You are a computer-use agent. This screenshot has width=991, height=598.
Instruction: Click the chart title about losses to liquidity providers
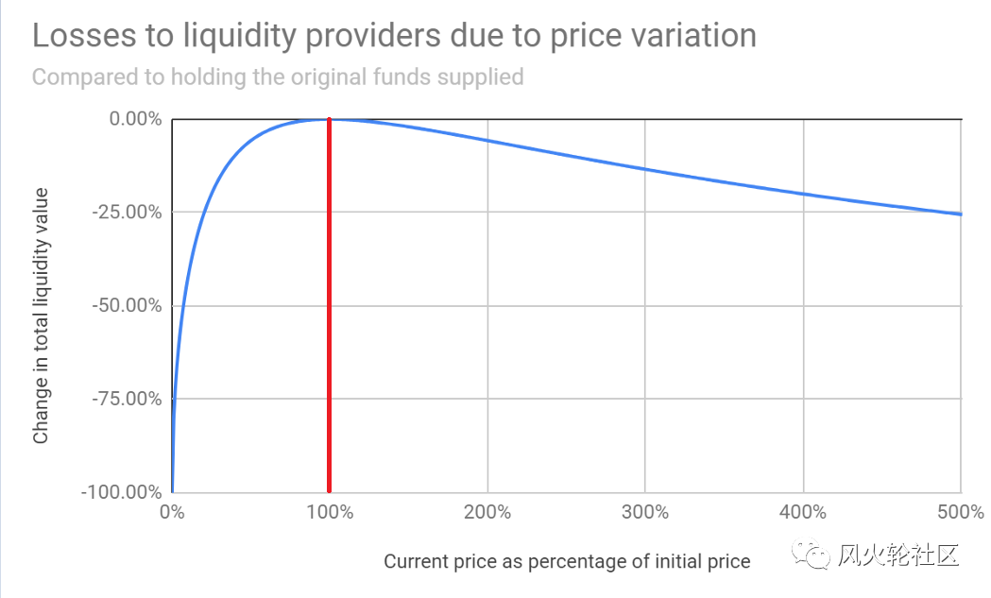click(x=394, y=36)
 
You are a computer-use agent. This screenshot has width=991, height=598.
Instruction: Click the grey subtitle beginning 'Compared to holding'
click(x=278, y=77)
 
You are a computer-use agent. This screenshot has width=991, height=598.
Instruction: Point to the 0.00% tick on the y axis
click(x=134, y=119)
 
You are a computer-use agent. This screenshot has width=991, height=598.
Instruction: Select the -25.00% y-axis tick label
click(x=128, y=212)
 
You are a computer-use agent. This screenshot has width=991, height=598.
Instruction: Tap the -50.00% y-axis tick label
click(x=128, y=305)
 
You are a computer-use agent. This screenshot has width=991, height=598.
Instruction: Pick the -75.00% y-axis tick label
click(x=128, y=399)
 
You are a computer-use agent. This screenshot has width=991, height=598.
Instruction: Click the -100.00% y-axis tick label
click(x=123, y=492)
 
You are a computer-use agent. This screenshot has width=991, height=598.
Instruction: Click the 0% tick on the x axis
click(x=172, y=513)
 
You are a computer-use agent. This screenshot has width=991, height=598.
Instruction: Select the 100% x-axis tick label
click(x=329, y=513)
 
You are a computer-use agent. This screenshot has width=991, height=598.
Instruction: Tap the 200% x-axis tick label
click(x=487, y=513)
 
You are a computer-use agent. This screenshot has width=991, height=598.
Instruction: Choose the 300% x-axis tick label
click(x=644, y=513)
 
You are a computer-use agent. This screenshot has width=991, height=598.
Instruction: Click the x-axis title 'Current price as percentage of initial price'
click(x=567, y=561)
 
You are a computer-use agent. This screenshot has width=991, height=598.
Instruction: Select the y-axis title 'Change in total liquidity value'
click(x=41, y=316)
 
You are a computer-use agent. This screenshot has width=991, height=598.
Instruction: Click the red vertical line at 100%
click(x=329, y=312)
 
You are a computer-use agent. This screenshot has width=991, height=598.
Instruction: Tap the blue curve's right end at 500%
click(x=960, y=214)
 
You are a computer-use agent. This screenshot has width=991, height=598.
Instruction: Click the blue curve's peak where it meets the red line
click(x=329, y=119)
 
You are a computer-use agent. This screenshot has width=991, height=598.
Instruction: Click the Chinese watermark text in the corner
click(x=898, y=555)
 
